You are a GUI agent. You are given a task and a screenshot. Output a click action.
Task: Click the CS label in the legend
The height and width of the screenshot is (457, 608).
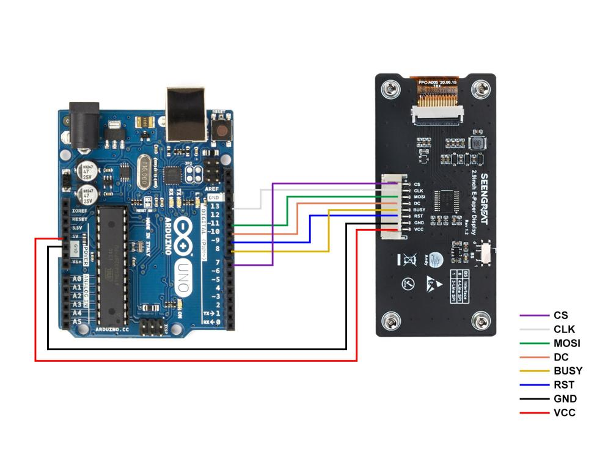coord(560,315)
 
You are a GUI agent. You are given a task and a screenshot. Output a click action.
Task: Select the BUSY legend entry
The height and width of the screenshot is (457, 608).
coord(568,370)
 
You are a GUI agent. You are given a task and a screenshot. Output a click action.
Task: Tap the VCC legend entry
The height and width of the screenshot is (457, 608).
coord(564,412)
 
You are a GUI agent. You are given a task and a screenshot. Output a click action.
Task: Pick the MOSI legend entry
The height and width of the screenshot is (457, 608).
coord(566,343)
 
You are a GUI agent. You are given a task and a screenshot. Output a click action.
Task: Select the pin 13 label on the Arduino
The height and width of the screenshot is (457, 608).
coord(214,207)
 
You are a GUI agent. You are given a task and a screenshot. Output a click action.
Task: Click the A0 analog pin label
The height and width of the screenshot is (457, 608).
coord(77,278)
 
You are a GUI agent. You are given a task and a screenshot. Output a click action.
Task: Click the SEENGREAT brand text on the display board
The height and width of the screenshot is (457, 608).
coord(483,199)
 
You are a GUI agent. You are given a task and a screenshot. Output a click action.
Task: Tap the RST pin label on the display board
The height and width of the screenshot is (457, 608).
coord(419,216)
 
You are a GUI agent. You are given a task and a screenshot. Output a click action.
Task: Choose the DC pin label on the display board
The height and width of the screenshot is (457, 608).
coord(417,203)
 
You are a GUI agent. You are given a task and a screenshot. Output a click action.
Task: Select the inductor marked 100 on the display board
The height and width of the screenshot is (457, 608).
coord(477,144)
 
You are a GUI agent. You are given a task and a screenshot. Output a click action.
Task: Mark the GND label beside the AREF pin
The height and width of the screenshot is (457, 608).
coord(213,197)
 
